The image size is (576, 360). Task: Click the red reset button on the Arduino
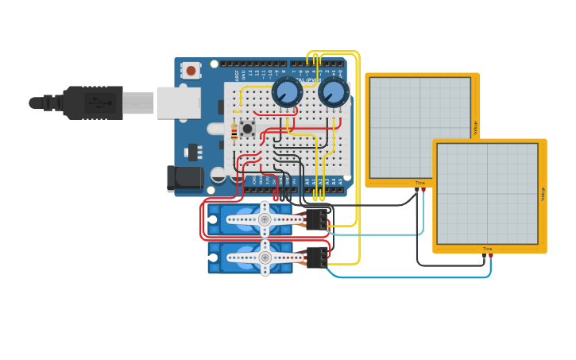(x=191, y=70)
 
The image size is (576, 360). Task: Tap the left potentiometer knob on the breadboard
(x=286, y=92)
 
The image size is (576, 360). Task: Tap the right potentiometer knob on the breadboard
(x=334, y=92)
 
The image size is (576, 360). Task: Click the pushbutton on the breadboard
(x=247, y=128)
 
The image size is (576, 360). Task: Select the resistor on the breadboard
(x=234, y=132)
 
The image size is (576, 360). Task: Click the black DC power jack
(x=184, y=178)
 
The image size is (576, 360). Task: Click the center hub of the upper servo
(x=265, y=219)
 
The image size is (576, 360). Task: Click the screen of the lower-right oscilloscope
(x=486, y=193)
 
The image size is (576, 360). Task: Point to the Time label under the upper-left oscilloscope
(x=419, y=183)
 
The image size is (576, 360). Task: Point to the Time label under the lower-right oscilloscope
(x=487, y=249)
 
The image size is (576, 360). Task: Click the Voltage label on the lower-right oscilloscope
(x=543, y=193)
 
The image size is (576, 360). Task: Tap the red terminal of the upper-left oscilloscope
(x=423, y=189)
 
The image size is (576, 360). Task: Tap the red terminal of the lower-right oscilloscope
(x=490, y=255)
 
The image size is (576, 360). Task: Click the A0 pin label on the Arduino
(x=307, y=182)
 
